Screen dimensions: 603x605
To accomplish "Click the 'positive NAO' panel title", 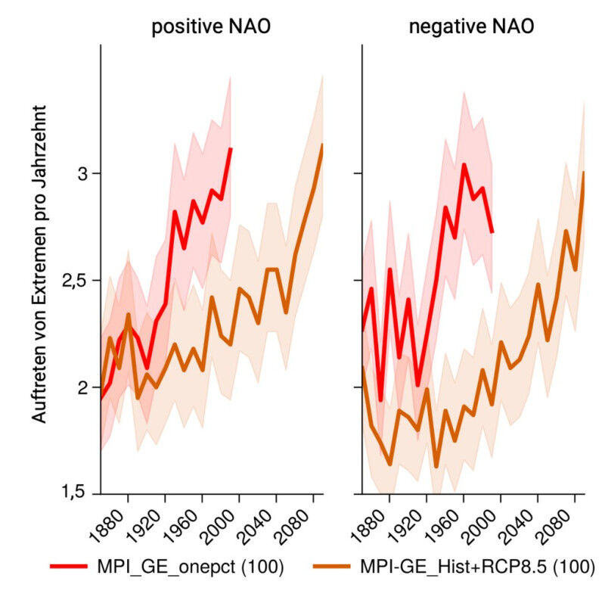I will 211,28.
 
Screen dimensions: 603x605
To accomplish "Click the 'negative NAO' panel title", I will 471,28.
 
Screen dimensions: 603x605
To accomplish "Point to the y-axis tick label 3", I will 85,174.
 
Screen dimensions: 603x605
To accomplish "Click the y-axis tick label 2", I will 85,387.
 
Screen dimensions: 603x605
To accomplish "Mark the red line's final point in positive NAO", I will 231,148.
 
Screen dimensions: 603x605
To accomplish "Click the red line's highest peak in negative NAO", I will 464,164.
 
